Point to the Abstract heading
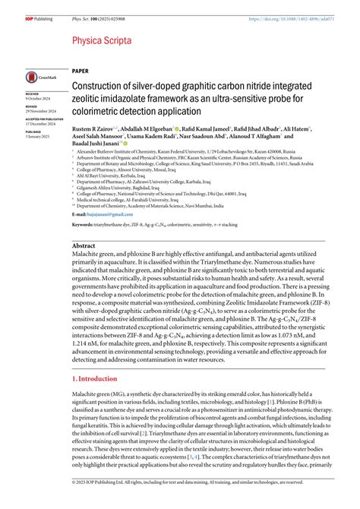(84, 247)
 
